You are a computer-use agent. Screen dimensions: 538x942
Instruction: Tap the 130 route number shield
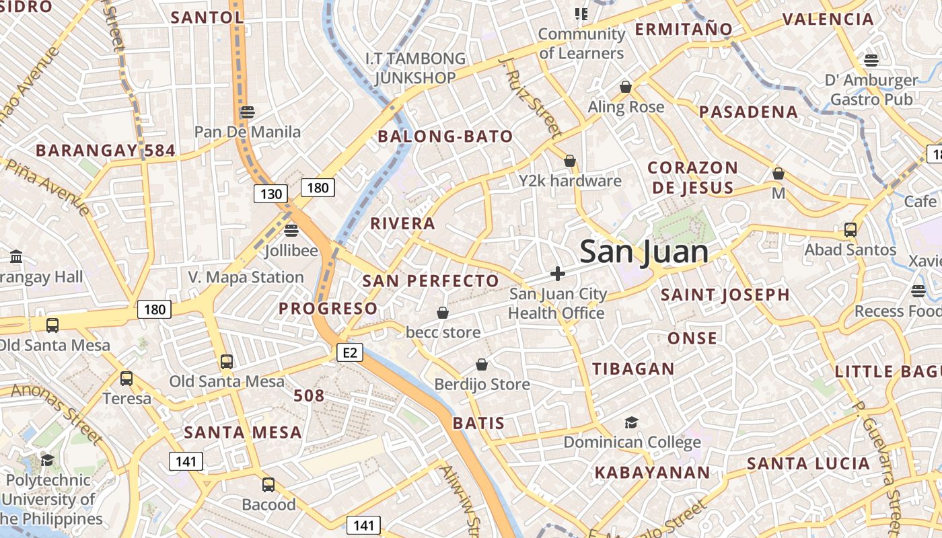click(271, 194)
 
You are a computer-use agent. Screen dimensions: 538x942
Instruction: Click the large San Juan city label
click(644, 252)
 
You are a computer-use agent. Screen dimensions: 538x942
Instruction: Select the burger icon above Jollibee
click(291, 231)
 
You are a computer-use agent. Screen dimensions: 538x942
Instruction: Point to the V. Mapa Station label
click(246, 277)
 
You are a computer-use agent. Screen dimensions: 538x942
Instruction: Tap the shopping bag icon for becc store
click(443, 313)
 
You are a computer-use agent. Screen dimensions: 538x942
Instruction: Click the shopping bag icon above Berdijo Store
click(482, 365)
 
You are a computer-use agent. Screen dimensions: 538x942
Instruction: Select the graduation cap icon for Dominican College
click(631, 422)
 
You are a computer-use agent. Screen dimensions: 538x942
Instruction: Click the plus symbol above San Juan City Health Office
click(557, 274)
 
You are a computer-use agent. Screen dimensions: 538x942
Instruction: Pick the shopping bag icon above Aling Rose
click(626, 87)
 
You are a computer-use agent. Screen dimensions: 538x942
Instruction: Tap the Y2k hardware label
click(570, 181)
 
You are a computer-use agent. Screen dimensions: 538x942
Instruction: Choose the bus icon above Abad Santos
click(850, 230)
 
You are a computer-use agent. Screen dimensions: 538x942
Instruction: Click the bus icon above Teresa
click(126, 379)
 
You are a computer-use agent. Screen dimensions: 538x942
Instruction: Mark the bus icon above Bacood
click(268, 485)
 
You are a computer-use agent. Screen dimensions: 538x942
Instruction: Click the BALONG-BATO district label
click(445, 137)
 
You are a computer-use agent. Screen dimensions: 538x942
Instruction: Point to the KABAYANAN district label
click(652, 473)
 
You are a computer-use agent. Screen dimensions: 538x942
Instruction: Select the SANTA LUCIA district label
click(808, 463)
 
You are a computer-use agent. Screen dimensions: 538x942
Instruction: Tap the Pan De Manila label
click(248, 131)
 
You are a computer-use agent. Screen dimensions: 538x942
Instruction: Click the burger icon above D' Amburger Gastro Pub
click(871, 61)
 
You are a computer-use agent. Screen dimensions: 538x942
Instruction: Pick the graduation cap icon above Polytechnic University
click(47, 460)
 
